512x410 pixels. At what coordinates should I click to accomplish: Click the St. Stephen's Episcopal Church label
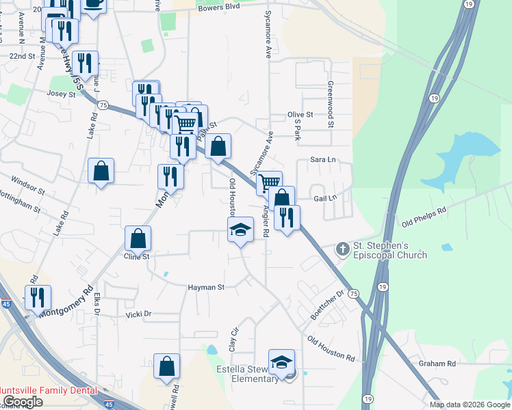(x=389, y=250)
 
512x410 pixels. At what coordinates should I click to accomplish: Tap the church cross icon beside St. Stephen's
(x=342, y=249)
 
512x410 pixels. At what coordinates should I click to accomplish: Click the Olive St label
(x=300, y=115)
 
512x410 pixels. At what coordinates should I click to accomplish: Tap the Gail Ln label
(x=325, y=197)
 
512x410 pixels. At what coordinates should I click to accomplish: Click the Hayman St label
(x=206, y=288)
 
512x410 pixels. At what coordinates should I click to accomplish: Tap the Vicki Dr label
(x=138, y=314)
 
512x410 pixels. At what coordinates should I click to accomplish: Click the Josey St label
(x=62, y=94)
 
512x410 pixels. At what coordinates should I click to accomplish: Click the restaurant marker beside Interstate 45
(x=38, y=297)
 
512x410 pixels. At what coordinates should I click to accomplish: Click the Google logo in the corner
(x=23, y=402)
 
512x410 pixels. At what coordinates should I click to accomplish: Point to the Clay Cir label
(x=233, y=339)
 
